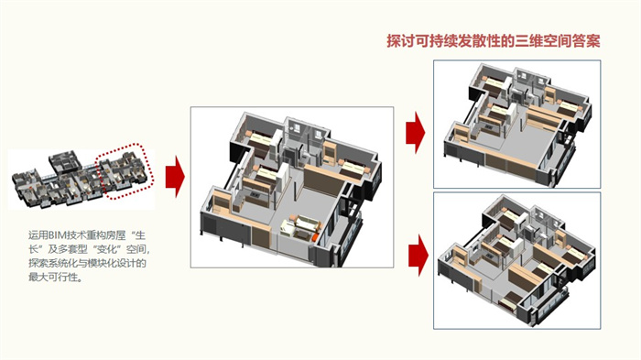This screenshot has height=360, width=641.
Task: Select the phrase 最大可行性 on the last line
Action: (x=53, y=277)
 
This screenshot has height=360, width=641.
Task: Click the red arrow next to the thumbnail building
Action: (x=175, y=177)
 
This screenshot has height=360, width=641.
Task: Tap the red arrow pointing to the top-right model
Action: (x=416, y=133)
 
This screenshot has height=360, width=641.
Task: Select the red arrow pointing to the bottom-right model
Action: (x=418, y=255)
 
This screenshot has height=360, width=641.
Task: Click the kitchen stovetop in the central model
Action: (x=255, y=195)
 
